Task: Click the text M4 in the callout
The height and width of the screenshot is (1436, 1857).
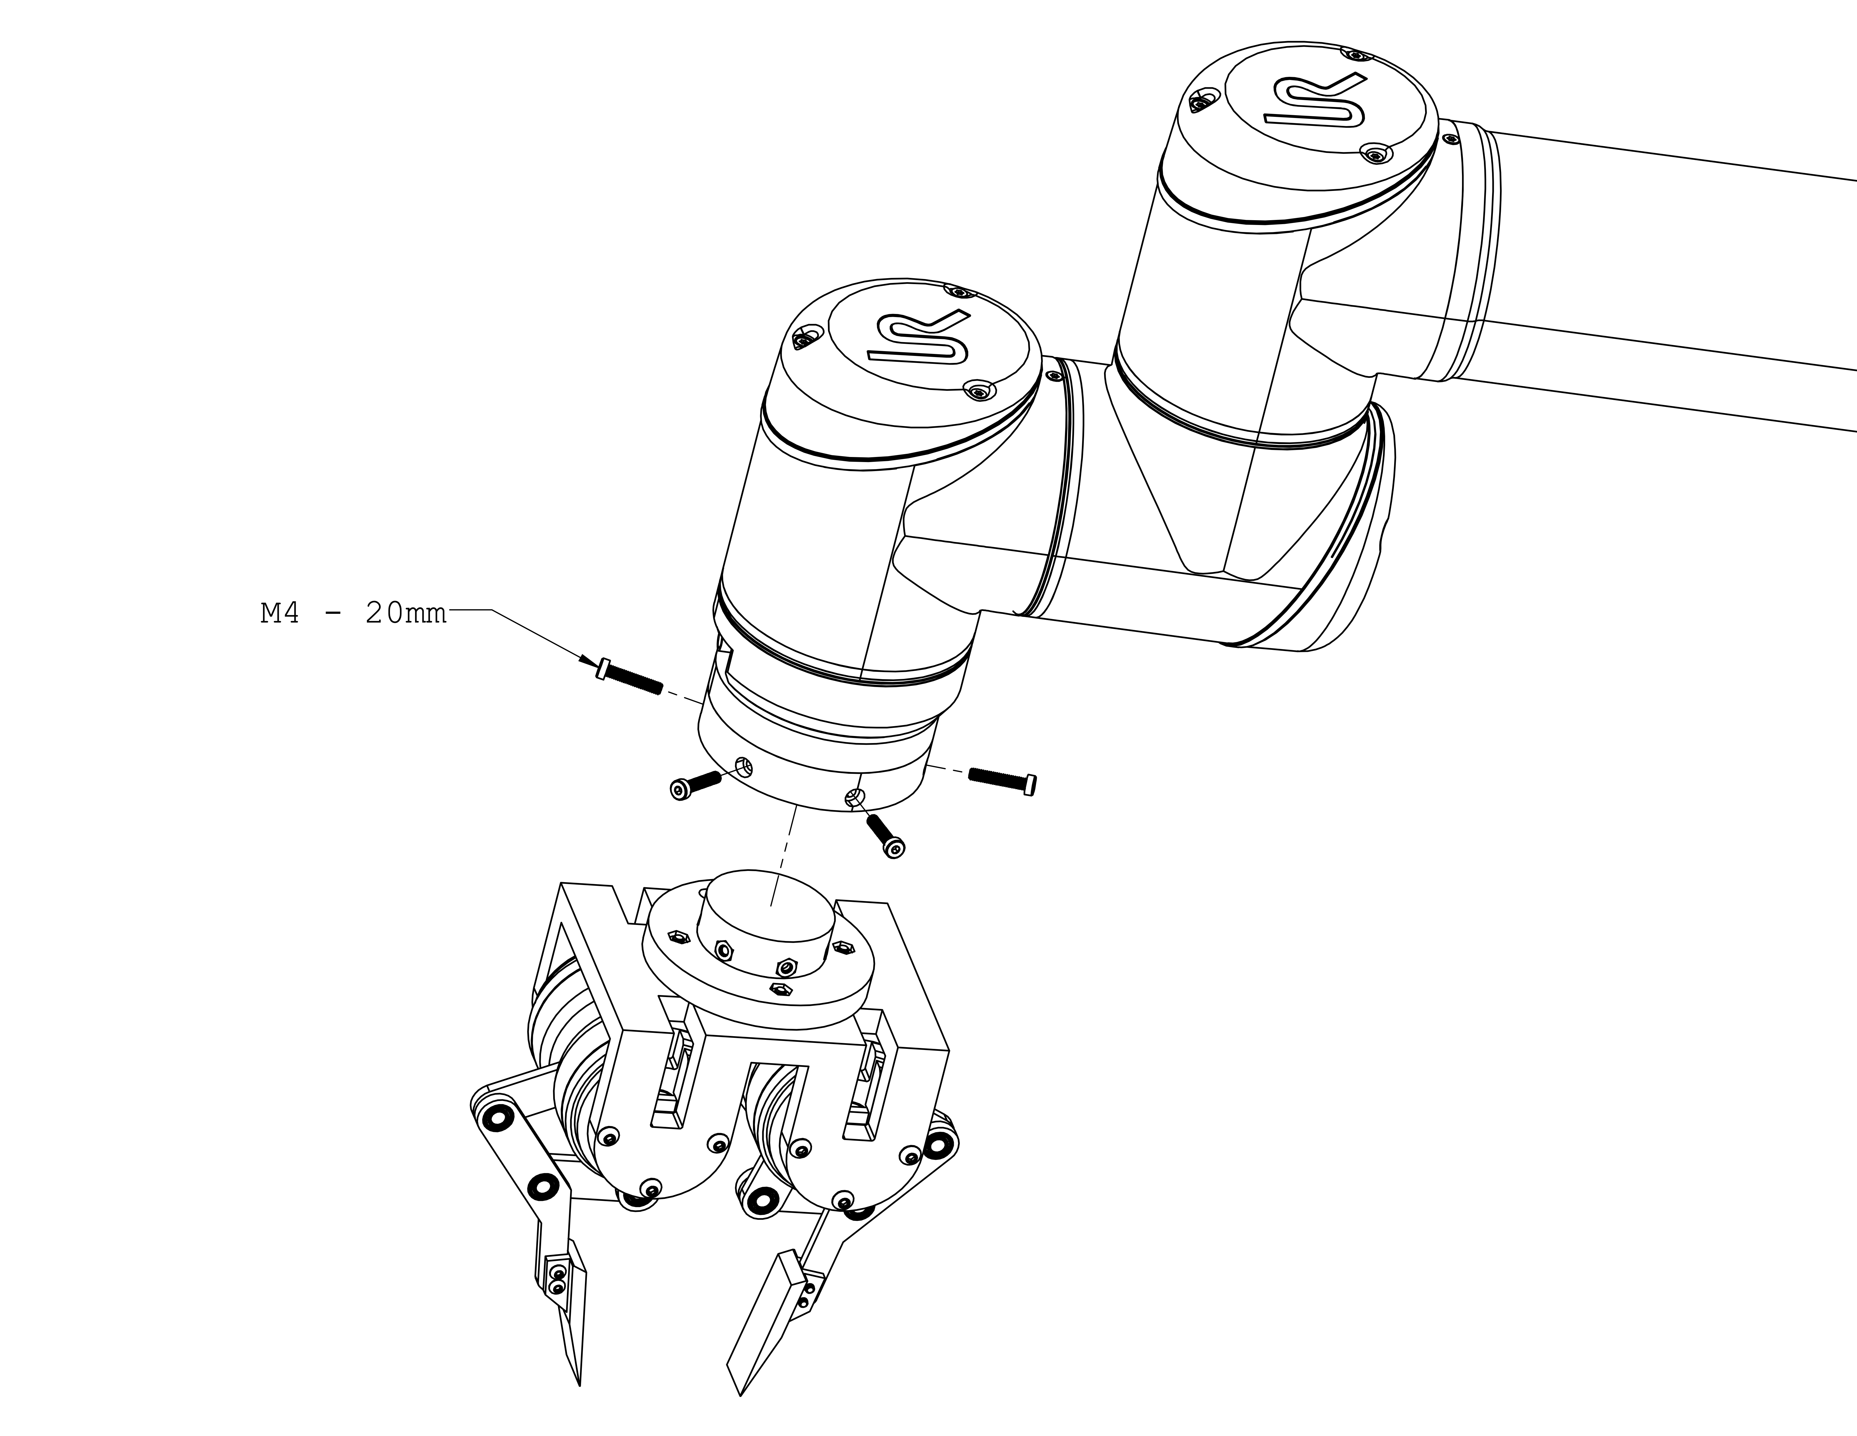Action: [280, 613]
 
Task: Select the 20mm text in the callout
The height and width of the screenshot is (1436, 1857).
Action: [405, 613]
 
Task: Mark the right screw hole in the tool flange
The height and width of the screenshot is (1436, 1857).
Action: [855, 797]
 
